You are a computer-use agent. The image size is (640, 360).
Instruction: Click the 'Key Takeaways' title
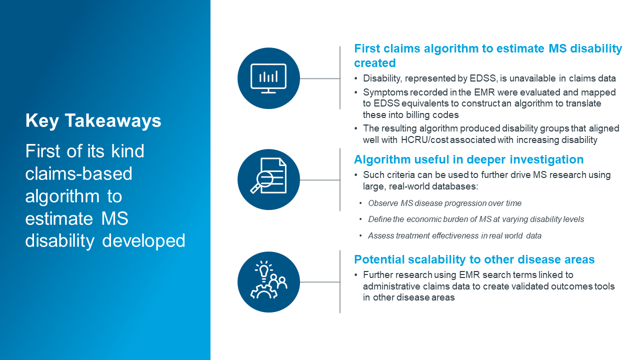coord(93,121)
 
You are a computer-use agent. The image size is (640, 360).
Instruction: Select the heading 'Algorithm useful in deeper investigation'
coord(468,159)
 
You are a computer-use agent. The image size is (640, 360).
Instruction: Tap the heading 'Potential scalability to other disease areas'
coord(474,259)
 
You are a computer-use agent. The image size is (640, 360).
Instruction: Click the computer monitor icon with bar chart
coord(268,78)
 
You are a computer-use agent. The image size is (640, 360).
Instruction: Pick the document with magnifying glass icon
coord(268,175)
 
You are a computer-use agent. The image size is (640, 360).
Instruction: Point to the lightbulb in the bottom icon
coord(264,270)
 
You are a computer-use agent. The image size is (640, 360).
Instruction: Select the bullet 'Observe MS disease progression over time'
coord(444,203)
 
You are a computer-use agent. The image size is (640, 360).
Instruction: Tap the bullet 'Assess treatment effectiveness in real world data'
coord(454,235)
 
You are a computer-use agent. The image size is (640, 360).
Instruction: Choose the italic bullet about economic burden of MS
coord(476,219)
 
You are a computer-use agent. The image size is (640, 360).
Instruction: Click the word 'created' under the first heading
coord(375,63)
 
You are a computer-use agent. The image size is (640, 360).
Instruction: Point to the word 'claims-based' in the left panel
coord(79,173)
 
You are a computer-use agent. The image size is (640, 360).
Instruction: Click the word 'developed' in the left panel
coord(143,240)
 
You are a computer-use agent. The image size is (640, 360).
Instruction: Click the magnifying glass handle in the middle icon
coord(254,189)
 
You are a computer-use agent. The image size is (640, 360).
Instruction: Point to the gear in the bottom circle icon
coord(263,291)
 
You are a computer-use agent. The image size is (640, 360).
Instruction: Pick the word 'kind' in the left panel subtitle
coord(127,151)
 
